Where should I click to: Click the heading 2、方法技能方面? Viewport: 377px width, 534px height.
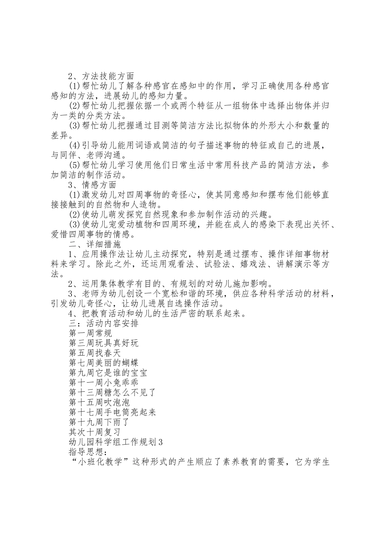click(101, 76)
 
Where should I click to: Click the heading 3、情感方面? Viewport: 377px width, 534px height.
click(92, 185)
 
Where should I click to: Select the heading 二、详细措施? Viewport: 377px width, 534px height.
click(95, 244)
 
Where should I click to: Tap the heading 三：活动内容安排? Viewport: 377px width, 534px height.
click(104, 323)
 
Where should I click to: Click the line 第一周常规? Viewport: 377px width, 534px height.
click(90, 333)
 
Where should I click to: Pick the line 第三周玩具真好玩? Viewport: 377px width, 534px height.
click(104, 343)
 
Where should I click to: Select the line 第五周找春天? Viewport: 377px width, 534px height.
click(95, 353)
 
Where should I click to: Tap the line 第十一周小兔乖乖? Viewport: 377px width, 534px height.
click(104, 383)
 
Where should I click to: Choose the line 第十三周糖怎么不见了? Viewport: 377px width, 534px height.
click(112, 393)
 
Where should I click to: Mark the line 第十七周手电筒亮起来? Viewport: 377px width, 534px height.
click(112, 412)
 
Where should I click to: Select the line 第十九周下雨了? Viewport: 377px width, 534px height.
click(99, 422)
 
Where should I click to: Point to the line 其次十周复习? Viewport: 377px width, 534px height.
click(95, 432)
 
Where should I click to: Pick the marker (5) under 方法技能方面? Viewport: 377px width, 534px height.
click(75, 165)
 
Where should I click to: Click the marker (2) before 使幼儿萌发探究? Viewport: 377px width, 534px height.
click(75, 215)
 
